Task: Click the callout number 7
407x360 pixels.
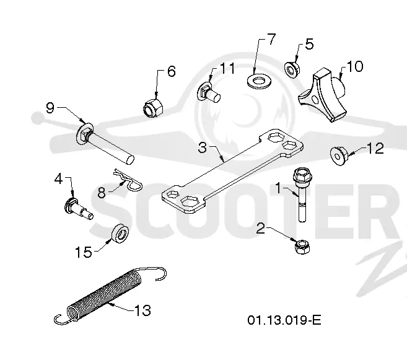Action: pyautogui.click(x=271, y=39)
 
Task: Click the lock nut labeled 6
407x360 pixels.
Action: pyautogui.click(x=153, y=107)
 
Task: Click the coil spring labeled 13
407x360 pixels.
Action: pyautogui.click(x=110, y=296)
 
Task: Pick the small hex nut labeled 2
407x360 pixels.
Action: pyautogui.click(x=302, y=247)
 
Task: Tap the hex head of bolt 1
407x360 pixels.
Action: pyautogui.click(x=302, y=176)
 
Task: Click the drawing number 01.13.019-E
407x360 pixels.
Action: pyautogui.click(x=284, y=320)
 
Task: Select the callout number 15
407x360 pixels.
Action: pyautogui.click(x=84, y=252)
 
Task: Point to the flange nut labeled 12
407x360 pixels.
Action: pyautogui.click(x=339, y=156)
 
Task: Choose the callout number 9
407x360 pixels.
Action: pyautogui.click(x=50, y=107)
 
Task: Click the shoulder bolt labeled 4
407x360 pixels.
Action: pyautogui.click(x=78, y=209)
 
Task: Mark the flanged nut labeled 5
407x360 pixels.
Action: pyautogui.click(x=292, y=69)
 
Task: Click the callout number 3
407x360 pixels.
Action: pyautogui.click(x=202, y=147)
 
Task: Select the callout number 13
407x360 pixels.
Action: pyautogui.click(x=142, y=310)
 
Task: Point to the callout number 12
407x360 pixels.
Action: pyautogui.click(x=375, y=149)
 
